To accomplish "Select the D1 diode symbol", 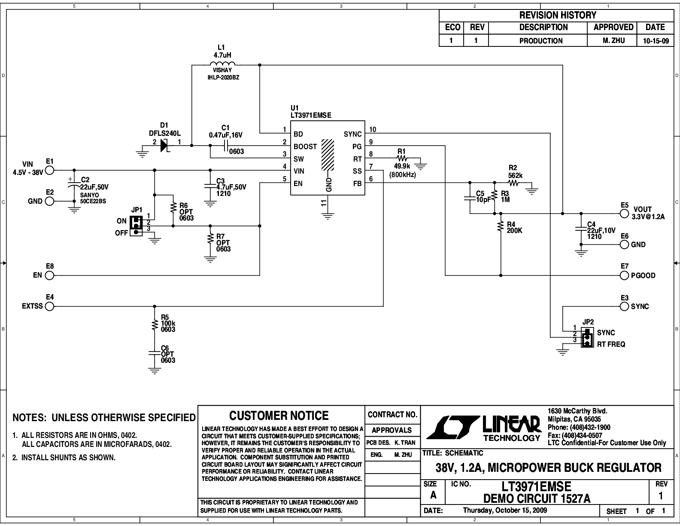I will tap(164, 146).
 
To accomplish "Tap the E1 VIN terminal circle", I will tap(49, 171).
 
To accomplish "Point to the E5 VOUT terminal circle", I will tap(624, 214).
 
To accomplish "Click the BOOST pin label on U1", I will tap(305, 147).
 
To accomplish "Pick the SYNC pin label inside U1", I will tap(352, 134).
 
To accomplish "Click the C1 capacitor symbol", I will tap(226, 146).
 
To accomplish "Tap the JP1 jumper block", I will tap(136, 226).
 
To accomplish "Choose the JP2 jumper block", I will tap(586, 338).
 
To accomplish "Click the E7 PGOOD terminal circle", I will tap(624, 275).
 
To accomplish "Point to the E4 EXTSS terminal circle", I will tap(49, 306).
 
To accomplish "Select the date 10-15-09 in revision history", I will tap(655, 41).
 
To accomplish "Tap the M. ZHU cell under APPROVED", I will tap(613, 41).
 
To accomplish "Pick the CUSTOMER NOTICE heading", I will tap(279, 416).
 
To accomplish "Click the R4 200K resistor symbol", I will tap(501, 227).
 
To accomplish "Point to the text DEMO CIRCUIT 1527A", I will tap(537, 498).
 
